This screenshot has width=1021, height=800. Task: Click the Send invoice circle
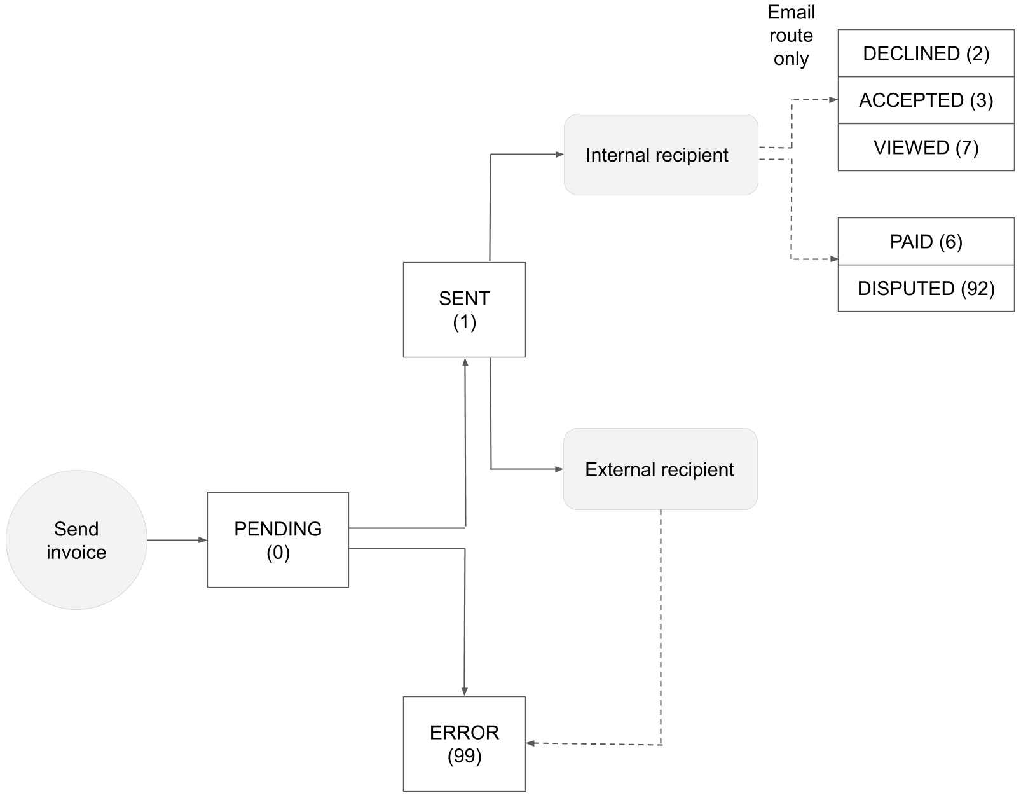point(76,540)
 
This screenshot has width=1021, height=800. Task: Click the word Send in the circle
point(76,529)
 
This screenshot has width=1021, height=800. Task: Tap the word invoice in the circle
point(76,552)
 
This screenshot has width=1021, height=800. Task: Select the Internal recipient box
point(661,155)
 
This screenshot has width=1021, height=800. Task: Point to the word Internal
point(613,155)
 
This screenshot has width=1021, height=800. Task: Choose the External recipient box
point(660,469)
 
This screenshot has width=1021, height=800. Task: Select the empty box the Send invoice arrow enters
point(278,539)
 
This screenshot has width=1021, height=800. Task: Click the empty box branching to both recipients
point(464,309)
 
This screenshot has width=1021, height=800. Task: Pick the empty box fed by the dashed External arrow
point(464,743)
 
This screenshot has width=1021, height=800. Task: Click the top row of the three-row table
point(926,53)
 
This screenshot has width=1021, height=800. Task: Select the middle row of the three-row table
point(926,100)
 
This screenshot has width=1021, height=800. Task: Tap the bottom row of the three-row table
point(926,147)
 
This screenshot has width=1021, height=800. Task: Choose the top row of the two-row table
point(926,241)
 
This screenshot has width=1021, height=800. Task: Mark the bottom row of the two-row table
point(926,288)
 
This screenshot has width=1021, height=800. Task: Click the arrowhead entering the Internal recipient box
point(559,155)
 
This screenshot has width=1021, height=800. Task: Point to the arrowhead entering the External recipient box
point(559,469)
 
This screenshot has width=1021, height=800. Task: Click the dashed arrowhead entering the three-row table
point(833,100)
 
